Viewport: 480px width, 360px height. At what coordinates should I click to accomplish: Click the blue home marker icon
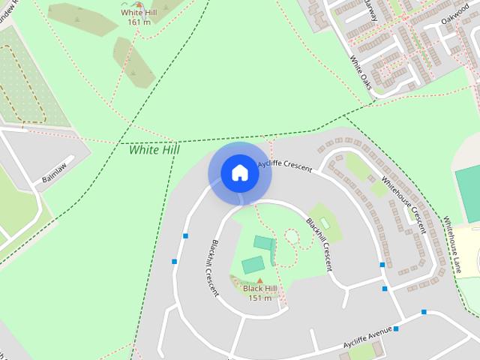240,173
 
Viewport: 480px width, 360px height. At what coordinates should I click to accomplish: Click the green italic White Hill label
154,150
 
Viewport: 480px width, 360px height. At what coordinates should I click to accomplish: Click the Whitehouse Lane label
454,244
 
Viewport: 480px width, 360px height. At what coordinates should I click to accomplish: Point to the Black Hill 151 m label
260,293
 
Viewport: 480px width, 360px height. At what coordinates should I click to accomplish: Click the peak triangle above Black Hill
260,280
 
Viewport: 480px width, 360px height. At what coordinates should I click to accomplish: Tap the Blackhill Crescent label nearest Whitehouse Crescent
319,244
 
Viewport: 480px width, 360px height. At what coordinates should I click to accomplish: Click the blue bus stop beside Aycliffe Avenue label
396,328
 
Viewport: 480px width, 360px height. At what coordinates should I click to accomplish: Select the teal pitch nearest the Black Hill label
253,265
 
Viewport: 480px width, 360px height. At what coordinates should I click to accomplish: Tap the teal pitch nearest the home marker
262,242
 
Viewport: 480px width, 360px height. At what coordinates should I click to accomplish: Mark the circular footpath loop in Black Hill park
291,238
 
